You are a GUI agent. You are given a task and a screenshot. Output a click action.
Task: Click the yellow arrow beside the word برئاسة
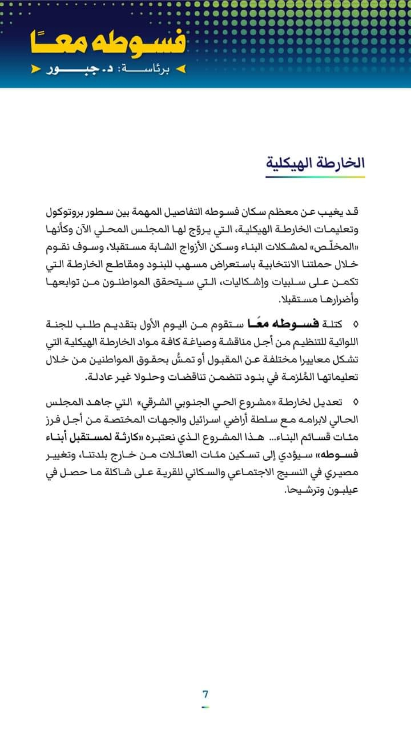click(181, 69)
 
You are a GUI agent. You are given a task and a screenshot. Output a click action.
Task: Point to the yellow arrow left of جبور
click(36, 69)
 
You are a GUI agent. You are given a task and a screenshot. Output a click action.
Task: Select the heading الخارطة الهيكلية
click(315, 163)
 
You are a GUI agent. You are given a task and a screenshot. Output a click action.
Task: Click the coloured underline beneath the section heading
click(315, 176)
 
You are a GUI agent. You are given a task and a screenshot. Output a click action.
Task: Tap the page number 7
click(205, 694)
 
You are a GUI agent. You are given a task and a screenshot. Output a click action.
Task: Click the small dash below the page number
click(205, 707)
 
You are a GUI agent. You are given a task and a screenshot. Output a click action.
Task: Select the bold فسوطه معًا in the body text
click(283, 324)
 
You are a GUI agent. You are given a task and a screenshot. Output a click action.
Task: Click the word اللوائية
click(342, 342)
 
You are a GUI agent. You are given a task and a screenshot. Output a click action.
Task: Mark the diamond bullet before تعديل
click(356, 402)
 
